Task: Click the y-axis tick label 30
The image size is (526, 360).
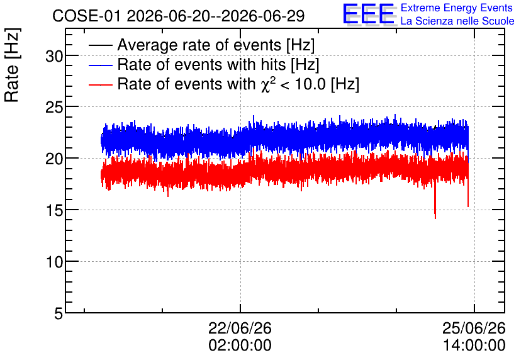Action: (54, 56)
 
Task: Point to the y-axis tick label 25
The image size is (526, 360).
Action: (54, 107)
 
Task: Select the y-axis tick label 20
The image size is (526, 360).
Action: (54, 159)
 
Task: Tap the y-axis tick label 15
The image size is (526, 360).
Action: (54, 210)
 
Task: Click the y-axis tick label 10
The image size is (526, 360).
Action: (54, 262)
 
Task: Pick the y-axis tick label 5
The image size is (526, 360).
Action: (59, 313)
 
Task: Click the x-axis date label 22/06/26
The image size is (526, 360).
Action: (240, 328)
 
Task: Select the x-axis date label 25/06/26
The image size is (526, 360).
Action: (474, 328)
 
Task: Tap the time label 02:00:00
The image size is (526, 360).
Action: (240, 346)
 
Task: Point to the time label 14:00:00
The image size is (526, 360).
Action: (474, 346)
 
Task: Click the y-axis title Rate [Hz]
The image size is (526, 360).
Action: (13, 65)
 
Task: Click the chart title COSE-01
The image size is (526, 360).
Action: (86, 16)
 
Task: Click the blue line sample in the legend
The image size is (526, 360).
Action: (100, 65)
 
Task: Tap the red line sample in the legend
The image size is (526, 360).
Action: (100, 85)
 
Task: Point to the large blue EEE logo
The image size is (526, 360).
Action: (369, 14)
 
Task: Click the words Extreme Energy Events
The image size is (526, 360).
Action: (457, 8)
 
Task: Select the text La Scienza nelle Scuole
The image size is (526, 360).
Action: (457, 21)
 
